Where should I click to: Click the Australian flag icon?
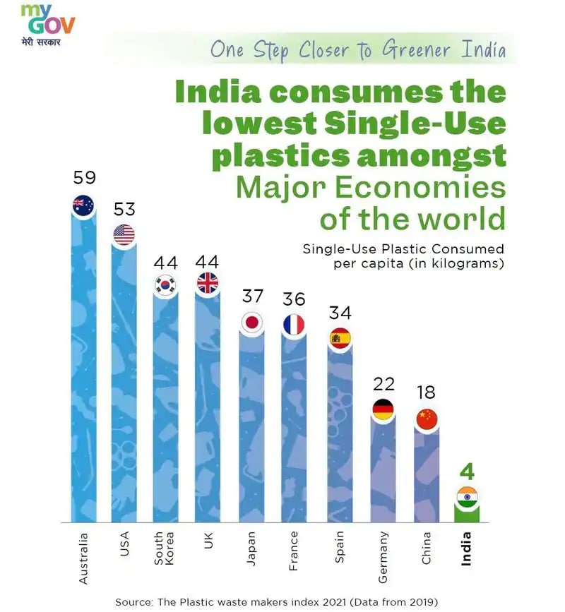(83, 205)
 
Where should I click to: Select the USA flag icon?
(124, 235)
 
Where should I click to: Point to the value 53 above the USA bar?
(124, 210)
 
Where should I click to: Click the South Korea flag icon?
(166, 285)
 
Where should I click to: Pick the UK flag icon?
(208, 284)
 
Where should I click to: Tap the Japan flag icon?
(251, 322)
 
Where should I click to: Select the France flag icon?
(294, 324)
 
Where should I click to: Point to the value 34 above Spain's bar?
(340, 313)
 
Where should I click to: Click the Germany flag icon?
(383, 409)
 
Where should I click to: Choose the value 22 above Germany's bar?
(383, 384)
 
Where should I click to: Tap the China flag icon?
(427, 419)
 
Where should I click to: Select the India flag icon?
(467, 497)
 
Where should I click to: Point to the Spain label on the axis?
(340, 546)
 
